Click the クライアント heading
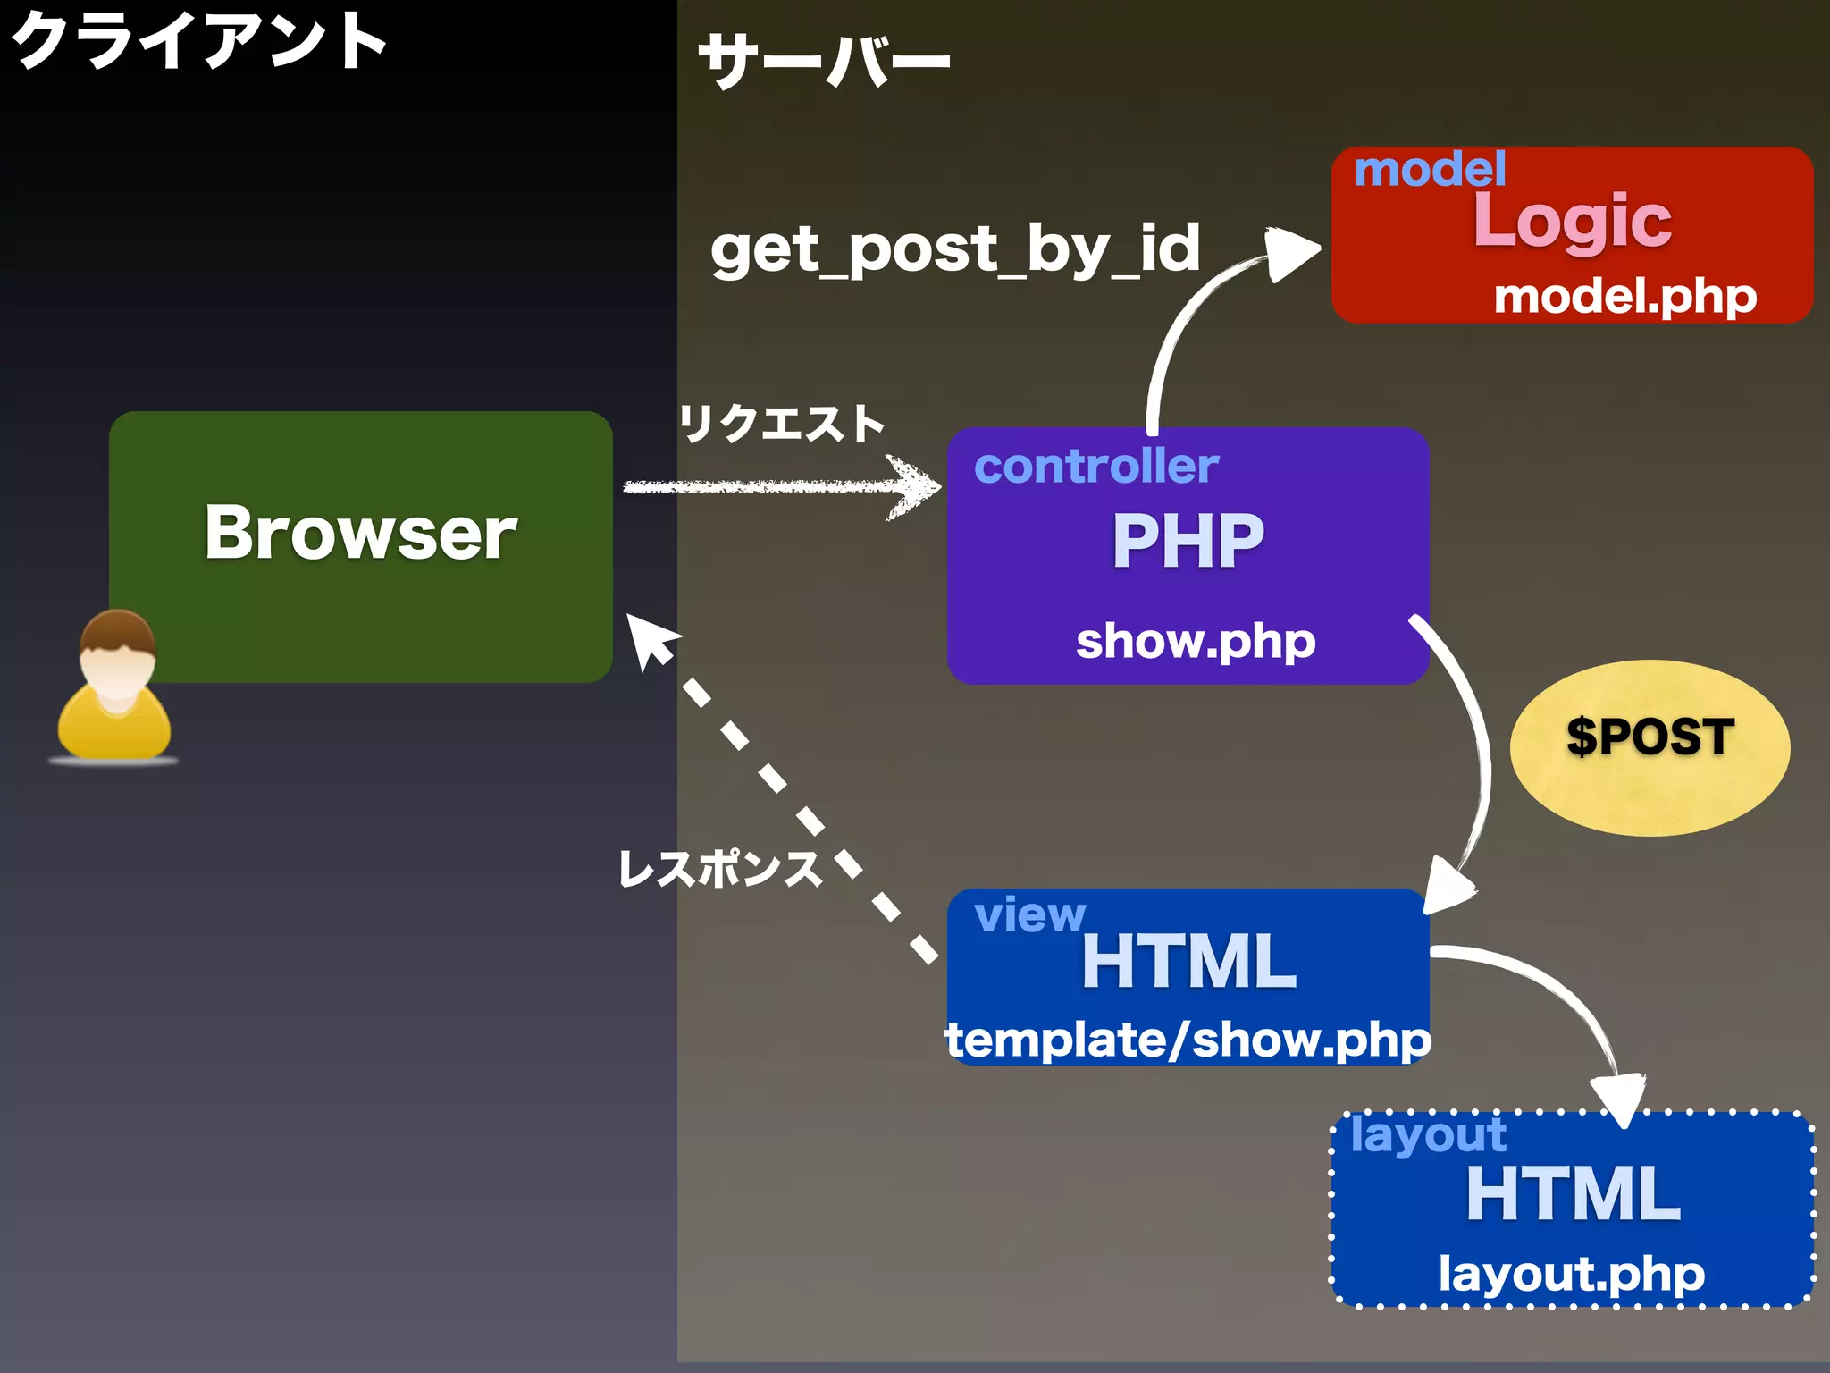[198, 41]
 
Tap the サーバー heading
[823, 61]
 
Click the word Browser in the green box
[361, 533]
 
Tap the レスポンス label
[720, 868]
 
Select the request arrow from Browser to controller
[782, 486]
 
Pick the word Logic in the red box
[1573, 221]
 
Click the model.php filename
[1625, 296]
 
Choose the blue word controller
[1096, 466]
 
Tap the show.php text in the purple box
[1196, 641]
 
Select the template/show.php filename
[1188, 1040]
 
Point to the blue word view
[1029, 914]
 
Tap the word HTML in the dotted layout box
[1574, 1194]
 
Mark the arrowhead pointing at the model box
[1290, 253]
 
